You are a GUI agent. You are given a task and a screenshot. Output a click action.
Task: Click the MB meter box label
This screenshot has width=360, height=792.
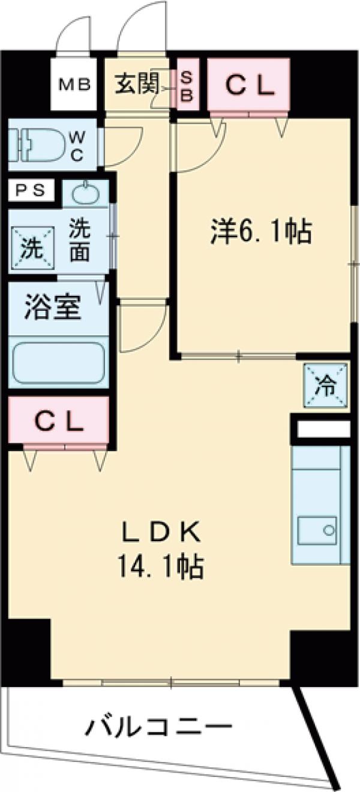74,85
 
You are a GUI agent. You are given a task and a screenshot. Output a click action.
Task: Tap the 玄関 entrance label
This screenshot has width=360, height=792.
136,85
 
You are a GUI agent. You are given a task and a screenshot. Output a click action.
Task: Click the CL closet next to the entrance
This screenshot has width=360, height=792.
249,86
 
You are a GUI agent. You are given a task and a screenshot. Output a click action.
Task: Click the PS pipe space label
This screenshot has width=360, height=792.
29,191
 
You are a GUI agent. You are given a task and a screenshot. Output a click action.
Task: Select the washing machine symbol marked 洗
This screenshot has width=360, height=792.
29,247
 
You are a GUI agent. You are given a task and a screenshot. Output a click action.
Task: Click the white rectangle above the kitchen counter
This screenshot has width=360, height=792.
323,430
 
